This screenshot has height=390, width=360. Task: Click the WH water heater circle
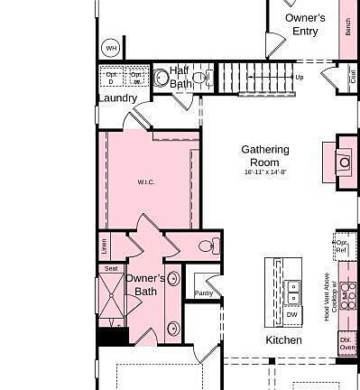pyautogui.click(x=111, y=48)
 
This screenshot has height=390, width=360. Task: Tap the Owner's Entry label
pyautogui.click(x=305, y=24)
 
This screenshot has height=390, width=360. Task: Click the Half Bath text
pyautogui.click(x=180, y=77)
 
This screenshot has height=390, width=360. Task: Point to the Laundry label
pyautogui.click(x=117, y=97)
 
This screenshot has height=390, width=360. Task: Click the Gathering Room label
pyautogui.click(x=265, y=155)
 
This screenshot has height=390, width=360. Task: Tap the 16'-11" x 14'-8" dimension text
pyautogui.click(x=265, y=172)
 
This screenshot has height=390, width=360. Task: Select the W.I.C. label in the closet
pyautogui.click(x=146, y=182)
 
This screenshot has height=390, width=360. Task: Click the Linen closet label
pyautogui.click(x=105, y=245)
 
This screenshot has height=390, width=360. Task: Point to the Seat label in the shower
pyautogui.click(x=111, y=268)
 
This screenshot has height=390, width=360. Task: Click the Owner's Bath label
pyautogui.click(x=145, y=284)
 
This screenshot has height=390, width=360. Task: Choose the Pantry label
pyautogui.click(x=204, y=292)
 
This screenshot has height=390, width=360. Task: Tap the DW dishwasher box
pyautogui.click(x=291, y=314)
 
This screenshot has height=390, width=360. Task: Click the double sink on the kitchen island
pyautogui.click(x=293, y=292)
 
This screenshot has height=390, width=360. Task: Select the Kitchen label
pyautogui.click(x=283, y=340)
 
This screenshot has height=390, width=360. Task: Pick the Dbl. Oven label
pyautogui.click(x=347, y=344)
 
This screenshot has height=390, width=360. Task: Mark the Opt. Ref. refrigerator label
pyautogui.click(x=342, y=246)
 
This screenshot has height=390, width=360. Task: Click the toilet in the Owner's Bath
pyautogui.click(x=207, y=245)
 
